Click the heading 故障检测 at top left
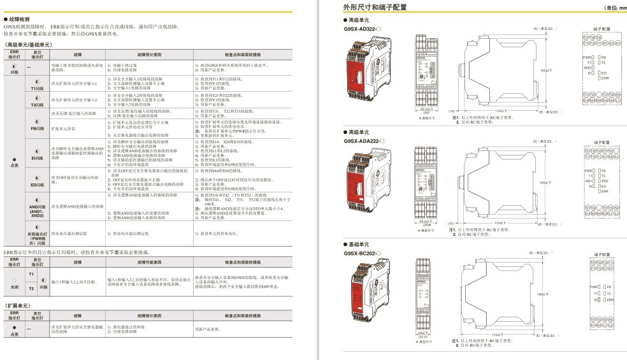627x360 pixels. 18,20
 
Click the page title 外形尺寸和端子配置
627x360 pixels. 375,8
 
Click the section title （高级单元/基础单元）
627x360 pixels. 29,45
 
